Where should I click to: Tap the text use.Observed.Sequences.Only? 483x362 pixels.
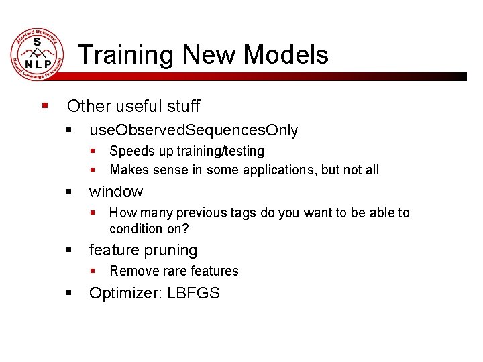[x=193, y=130]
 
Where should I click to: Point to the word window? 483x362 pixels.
[x=116, y=192]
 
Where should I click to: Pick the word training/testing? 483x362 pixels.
[x=220, y=152]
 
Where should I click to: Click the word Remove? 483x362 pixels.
[x=131, y=271]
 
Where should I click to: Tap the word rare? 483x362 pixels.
[x=170, y=271]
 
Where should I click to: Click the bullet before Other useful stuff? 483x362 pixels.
[x=45, y=106]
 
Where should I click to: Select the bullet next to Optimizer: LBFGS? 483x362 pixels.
[x=69, y=293]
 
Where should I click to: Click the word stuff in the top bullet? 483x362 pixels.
[x=184, y=106]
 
